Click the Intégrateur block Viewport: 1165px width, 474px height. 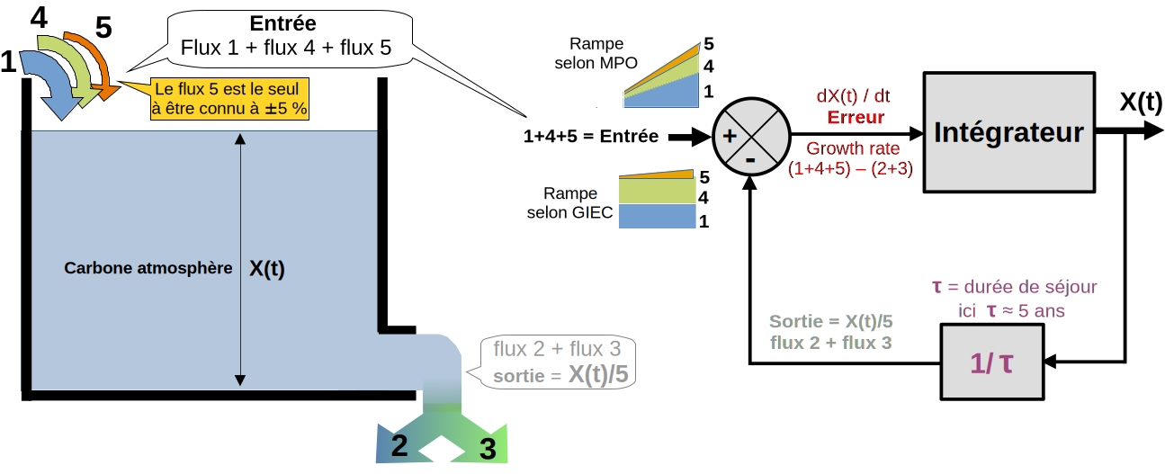click(1008, 132)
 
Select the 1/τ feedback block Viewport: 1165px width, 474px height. click(993, 362)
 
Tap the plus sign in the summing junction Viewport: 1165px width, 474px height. click(730, 137)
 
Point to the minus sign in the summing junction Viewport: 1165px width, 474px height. click(750, 159)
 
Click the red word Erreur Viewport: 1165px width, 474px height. click(856, 117)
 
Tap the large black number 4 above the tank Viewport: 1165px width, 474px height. click(39, 17)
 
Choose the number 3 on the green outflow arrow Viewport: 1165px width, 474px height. click(487, 449)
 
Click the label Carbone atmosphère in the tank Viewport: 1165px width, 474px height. click(142, 268)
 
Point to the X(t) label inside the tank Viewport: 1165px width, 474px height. click(265, 268)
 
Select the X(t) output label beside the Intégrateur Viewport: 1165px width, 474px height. click(1140, 102)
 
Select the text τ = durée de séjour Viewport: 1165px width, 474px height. click(1014, 288)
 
